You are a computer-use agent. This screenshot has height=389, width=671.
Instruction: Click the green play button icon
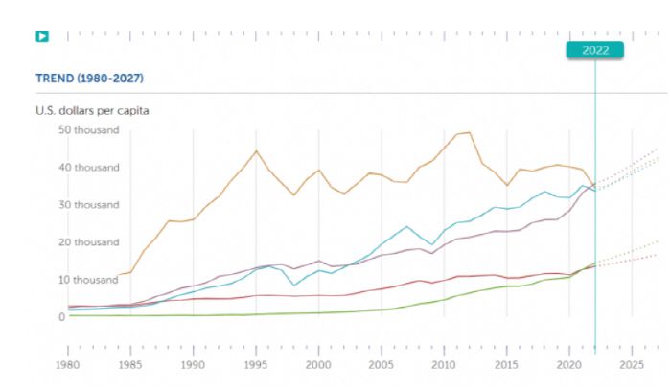[x=42, y=36]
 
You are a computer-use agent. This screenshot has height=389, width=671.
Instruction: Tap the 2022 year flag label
[x=594, y=51]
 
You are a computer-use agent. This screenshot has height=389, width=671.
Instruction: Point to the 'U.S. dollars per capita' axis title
[x=92, y=110]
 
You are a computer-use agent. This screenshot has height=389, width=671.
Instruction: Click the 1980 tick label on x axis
[x=67, y=365]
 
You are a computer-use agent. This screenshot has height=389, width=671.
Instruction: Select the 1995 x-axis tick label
[x=255, y=365]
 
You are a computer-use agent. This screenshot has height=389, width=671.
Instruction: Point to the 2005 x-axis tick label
[x=382, y=365]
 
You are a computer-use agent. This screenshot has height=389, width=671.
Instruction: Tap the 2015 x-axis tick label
[x=507, y=365]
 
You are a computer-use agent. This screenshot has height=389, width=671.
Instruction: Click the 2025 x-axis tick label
[x=632, y=365]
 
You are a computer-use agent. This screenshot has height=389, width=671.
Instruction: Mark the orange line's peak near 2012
[x=469, y=132]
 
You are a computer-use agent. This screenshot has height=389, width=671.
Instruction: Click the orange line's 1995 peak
[x=256, y=150]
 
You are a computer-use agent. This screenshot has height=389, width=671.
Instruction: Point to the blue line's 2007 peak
[x=406, y=226]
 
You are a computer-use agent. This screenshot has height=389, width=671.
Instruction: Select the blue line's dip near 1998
[x=294, y=286]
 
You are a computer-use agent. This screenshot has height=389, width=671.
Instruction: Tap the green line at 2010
[x=444, y=299]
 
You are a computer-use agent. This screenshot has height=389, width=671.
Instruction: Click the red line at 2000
[x=318, y=295]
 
